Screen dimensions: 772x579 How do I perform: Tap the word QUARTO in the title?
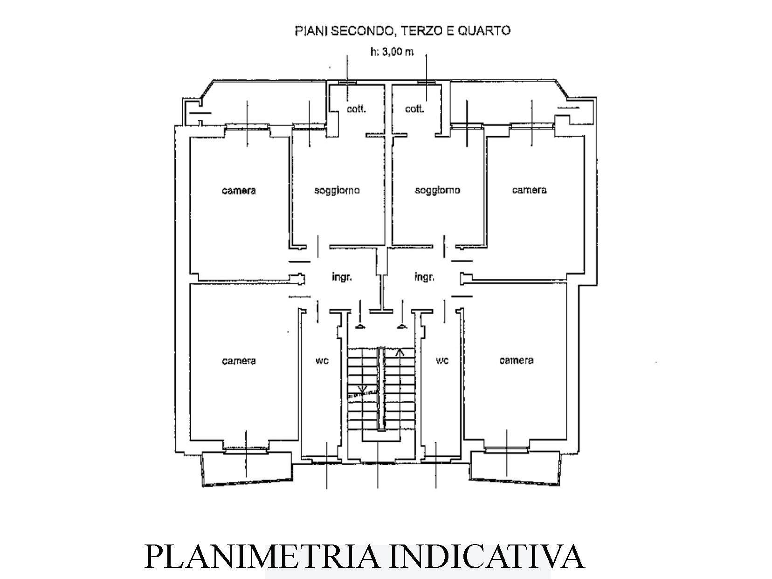coord(484,31)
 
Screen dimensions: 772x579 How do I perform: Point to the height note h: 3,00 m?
coord(392,52)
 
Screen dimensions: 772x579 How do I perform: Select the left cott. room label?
coord(356,109)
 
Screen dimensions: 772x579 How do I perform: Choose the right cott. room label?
coord(414,109)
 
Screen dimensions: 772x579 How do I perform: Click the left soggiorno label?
coord(337,191)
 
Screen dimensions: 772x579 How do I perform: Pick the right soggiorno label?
coord(438,191)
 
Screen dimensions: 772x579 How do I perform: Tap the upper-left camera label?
coord(239,191)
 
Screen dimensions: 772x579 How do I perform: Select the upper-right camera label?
coord(529,190)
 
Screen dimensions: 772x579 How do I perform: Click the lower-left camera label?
coord(239,361)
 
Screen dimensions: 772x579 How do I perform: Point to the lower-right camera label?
coord(517,360)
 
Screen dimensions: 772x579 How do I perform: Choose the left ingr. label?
coord(342,277)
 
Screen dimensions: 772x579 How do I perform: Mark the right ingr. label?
coord(425,277)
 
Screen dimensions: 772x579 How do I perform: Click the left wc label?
coord(322,361)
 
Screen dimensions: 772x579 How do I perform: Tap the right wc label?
coord(442,361)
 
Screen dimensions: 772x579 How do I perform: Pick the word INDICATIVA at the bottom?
coord(488,557)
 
